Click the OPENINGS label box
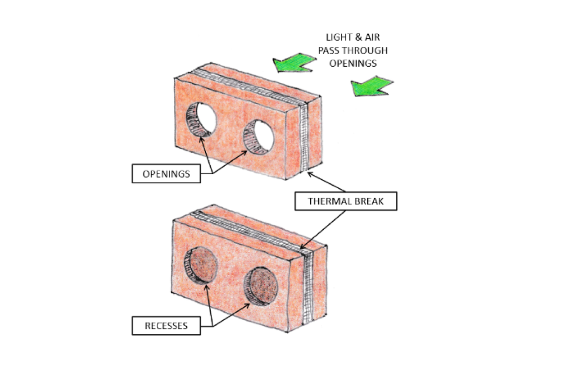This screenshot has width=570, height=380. pyautogui.click(x=166, y=174)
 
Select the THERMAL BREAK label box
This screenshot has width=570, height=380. pyautogui.click(x=346, y=201)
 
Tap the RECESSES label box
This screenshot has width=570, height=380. pyautogui.click(x=166, y=326)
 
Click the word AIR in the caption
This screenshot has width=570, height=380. pyautogui.click(x=372, y=37)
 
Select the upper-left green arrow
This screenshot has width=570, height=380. pyautogui.click(x=294, y=63)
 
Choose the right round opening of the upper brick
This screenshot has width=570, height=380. pyautogui.click(x=259, y=137)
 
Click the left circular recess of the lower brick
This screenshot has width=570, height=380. pyautogui.click(x=201, y=265)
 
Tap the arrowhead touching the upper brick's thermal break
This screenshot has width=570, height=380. pyautogui.click(x=310, y=173)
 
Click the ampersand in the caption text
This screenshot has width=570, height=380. pyautogui.click(x=358, y=37)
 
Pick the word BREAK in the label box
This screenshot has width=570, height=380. pyautogui.click(x=369, y=201)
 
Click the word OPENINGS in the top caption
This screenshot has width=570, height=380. pyautogui.click(x=353, y=64)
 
